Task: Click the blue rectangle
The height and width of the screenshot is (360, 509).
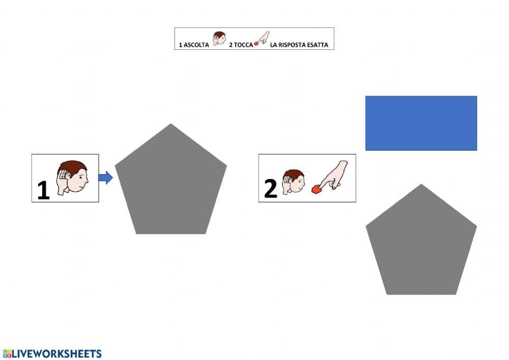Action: tap(421, 123)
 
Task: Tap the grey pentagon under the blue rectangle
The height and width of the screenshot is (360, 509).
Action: tap(421, 244)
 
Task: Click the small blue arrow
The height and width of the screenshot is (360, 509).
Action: tap(105, 178)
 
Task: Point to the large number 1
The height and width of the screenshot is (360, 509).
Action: tap(43, 190)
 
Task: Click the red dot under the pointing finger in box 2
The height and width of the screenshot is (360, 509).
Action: tap(317, 189)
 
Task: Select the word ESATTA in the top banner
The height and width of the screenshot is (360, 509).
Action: tap(319, 45)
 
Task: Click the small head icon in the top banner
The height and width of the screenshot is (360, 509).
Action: tap(219, 39)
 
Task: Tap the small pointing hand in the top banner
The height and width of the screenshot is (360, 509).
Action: tap(262, 38)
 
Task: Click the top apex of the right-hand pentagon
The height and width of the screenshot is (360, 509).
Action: tap(421, 185)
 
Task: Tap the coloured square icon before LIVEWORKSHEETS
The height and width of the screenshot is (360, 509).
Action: tap(7, 353)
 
